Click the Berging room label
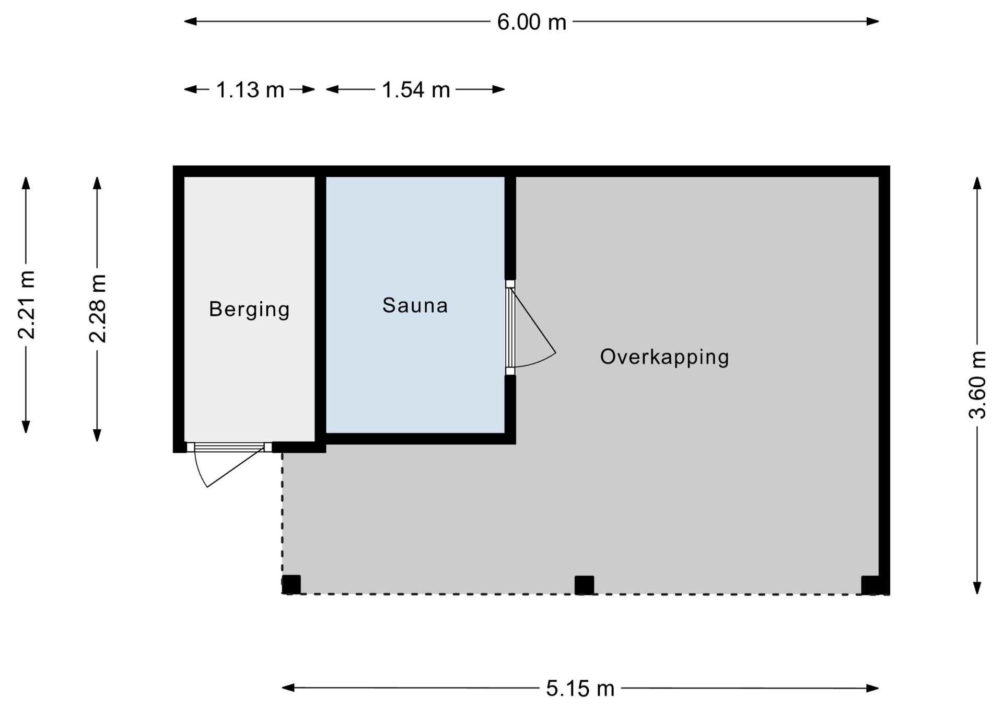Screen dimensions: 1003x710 point(249,310)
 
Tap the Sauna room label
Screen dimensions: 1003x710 point(415,305)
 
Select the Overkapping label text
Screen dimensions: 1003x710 point(664,357)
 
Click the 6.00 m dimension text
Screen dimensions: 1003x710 point(532,22)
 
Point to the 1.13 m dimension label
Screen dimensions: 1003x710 point(250,90)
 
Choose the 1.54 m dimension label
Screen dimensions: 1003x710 point(416,90)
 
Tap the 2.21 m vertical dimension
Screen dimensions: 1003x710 point(26,305)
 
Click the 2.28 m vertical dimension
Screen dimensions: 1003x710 point(98,308)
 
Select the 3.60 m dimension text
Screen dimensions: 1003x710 point(977,385)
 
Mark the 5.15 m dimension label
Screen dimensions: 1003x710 point(580,689)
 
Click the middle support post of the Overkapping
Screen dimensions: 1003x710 point(584,585)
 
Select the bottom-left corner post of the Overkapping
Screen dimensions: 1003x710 point(291,585)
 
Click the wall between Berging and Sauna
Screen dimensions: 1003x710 point(320,309)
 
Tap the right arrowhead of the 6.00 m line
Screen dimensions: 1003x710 point(872,21)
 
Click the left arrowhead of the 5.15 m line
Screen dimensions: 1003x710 point(289,688)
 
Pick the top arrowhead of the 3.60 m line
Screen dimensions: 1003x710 point(977,184)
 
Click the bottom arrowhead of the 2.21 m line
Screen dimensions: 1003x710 point(26,426)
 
